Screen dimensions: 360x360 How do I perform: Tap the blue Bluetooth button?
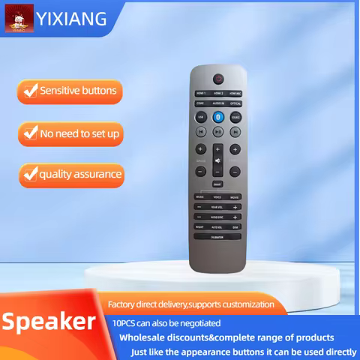pos(218,117)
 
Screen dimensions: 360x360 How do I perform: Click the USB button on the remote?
pos(200,117)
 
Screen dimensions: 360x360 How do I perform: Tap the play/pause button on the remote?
pos(217,131)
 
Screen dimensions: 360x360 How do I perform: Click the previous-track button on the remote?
pos(200,131)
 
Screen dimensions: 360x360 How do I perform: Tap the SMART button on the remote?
pos(217,183)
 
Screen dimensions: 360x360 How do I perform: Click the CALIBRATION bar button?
pos(217,235)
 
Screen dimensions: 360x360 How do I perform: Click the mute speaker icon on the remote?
pos(217,160)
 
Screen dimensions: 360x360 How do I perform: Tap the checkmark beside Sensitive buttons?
pos(30,91)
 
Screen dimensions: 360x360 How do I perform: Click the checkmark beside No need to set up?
pos(30,133)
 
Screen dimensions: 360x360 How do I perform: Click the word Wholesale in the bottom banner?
pos(142,337)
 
